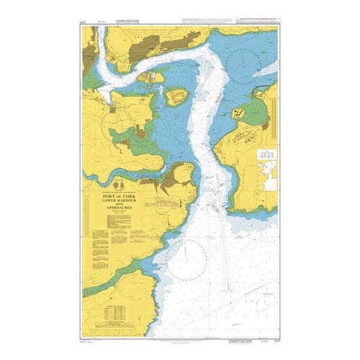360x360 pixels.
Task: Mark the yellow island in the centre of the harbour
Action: pyautogui.click(x=176, y=97)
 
